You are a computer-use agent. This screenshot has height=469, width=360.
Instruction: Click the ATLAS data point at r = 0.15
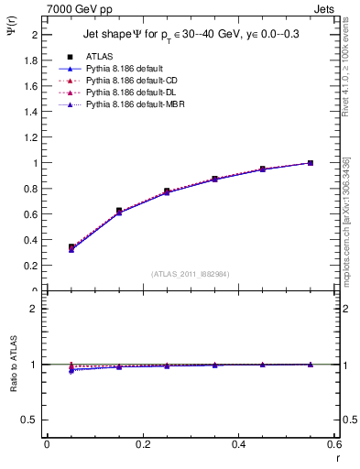tap(119, 211)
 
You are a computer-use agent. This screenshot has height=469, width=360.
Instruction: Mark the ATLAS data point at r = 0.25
tap(167, 191)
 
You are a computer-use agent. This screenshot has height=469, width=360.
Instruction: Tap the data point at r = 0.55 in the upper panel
tap(311, 163)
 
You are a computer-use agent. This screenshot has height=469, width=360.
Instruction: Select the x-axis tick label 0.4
tap(238, 444)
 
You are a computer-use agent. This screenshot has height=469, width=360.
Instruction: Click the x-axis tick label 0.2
tap(142, 444)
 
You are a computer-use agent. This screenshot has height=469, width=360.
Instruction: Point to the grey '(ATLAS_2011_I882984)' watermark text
tap(190, 273)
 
